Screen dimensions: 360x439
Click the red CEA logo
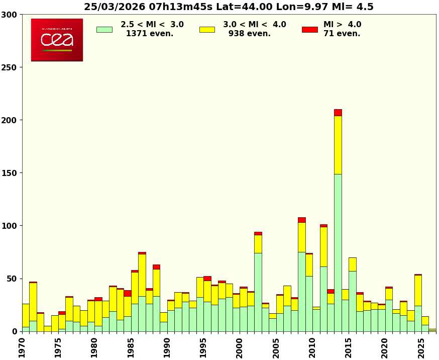[57, 40]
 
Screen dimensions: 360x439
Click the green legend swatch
[104, 30]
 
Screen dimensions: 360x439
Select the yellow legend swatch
[207, 30]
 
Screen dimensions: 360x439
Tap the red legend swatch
[309, 30]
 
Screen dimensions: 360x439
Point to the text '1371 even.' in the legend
[149, 34]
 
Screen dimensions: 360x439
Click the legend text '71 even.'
[342, 34]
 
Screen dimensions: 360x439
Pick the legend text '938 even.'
[249, 34]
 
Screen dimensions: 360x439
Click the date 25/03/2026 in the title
[114, 7]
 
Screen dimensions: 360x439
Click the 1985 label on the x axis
[131, 347]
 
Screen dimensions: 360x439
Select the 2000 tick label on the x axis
[240, 347]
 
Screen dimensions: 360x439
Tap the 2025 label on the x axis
[421, 347]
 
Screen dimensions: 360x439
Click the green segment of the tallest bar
[338, 251]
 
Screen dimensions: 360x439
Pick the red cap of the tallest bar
[338, 112]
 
